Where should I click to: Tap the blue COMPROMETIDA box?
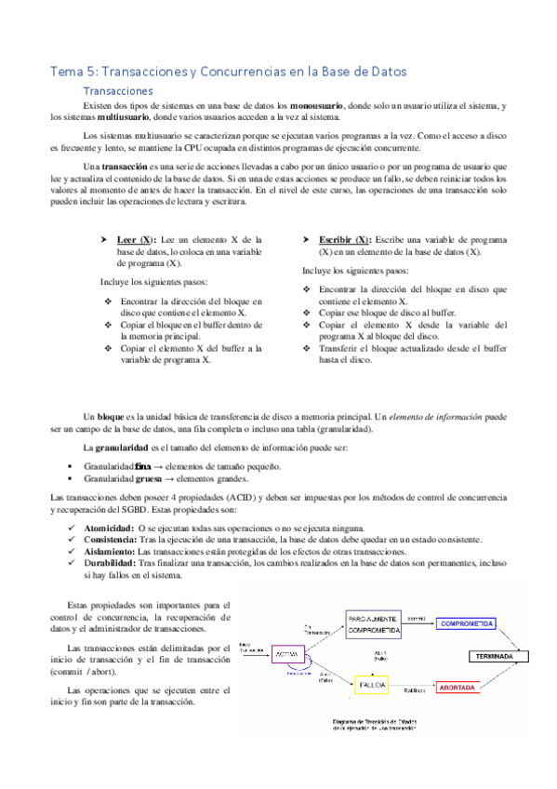[468, 623]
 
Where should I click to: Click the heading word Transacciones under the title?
[118, 91]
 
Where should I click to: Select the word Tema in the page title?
[66, 71]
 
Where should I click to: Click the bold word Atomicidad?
[102, 528]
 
